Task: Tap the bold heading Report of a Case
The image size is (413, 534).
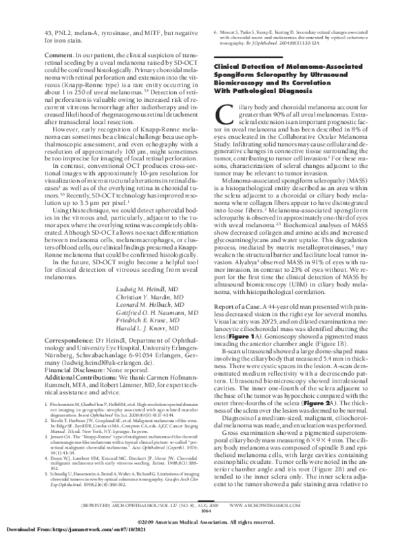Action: tap(244, 267)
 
